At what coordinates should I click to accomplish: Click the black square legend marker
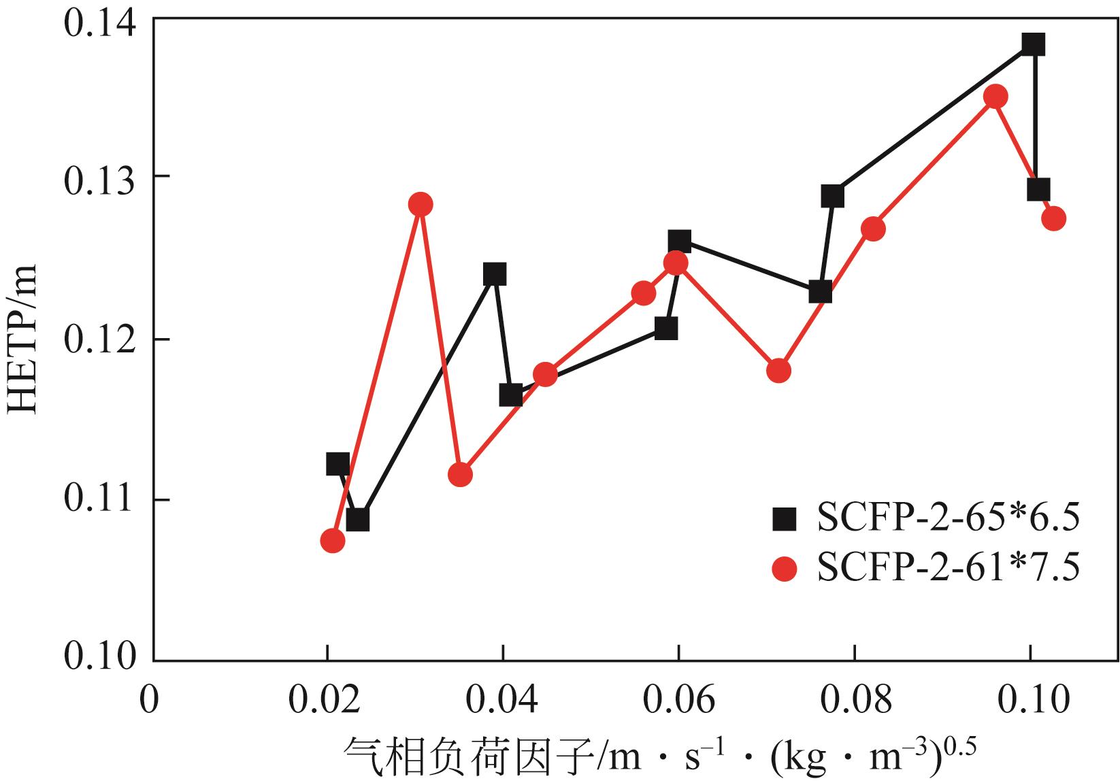pos(785,520)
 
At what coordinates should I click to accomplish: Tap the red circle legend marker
pos(785,569)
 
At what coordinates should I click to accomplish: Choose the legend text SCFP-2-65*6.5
pos(948,520)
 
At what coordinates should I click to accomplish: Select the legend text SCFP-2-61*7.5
pos(948,569)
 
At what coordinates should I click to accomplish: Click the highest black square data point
pos(1033,44)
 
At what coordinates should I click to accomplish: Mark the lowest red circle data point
pos(332,541)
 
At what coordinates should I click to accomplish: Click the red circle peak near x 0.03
pos(421,204)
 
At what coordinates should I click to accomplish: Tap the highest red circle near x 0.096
pos(995,97)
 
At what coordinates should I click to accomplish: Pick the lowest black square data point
pos(357,520)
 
